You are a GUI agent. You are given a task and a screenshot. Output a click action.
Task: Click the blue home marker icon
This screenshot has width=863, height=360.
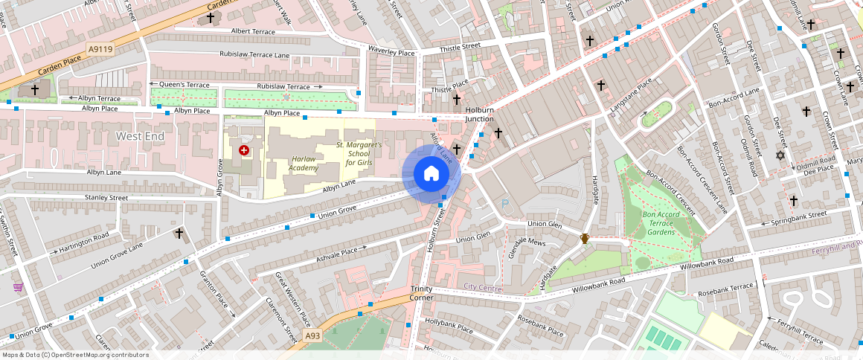[x=431, y=174]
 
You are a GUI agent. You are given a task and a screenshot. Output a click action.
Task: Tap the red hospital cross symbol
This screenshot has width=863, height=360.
[x=244, y=150]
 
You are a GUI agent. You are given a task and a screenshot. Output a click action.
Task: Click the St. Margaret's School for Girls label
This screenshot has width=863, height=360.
[x=359, y=153]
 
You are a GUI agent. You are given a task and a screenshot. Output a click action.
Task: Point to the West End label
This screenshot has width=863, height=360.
[x=140, y=137]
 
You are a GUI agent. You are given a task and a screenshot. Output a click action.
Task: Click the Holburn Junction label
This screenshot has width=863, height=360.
[x=479, y=114]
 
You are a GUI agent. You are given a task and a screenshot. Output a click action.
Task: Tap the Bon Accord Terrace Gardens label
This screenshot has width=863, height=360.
[x=661, y=223]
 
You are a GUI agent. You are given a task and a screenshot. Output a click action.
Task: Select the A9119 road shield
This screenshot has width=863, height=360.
[x=100, y=50]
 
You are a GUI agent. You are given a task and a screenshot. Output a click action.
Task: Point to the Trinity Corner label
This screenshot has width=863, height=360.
[x=421, y=293]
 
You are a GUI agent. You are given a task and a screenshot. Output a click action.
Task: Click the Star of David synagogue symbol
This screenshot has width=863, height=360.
[x=780, y=155]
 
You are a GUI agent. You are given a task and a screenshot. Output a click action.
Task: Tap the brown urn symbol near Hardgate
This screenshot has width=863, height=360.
[x=585, y=239]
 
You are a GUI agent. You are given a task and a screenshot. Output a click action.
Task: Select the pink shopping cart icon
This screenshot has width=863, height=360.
[x=18, y=287]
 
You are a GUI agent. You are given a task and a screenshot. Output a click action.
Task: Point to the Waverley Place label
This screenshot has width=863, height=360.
[x=391, y=53]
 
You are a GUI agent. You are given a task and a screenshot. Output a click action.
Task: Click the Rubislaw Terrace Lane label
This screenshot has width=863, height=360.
[x=254, y=54]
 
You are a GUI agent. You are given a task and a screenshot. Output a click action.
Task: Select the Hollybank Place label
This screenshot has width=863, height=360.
[x=449, y=327]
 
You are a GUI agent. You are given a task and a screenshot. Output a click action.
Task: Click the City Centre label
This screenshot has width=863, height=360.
[x=482, y=287]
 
